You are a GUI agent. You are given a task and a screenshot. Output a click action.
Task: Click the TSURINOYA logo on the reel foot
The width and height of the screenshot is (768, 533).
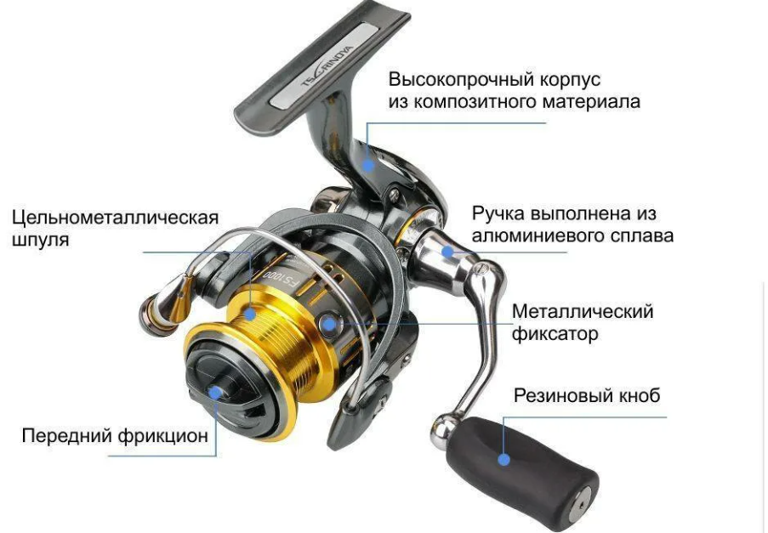327,68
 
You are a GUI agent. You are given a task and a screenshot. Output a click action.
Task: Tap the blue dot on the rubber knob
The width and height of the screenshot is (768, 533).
503,460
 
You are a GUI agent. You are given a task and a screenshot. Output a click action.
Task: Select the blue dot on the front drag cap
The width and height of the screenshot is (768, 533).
214,393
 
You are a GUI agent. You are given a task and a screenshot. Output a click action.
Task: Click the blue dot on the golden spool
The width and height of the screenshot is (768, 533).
250,314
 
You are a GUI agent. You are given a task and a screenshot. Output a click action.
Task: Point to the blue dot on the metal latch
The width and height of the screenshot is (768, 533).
330,323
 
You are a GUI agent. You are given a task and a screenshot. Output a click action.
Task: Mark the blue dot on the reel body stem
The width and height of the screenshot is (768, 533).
368,164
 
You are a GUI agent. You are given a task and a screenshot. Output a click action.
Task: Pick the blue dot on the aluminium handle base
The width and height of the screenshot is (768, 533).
447,252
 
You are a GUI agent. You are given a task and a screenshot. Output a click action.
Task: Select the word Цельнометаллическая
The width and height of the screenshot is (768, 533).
115,218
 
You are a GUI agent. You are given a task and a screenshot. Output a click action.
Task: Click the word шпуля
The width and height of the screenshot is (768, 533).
40,241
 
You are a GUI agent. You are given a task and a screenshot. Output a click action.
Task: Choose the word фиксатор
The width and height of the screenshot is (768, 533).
555,334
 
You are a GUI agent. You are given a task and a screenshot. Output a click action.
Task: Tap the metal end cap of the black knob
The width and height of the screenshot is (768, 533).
582,505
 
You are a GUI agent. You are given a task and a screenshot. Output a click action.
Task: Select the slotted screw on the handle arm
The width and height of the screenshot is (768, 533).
481,268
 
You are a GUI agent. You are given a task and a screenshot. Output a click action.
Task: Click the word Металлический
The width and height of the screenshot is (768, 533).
583,312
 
